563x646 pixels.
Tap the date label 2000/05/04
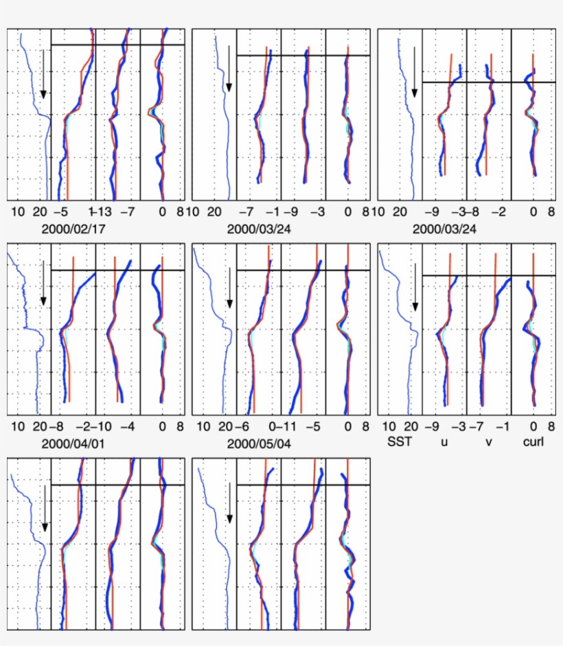(x=259, y=443)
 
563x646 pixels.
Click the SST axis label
(x=400, y=441)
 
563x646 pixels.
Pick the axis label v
(x=489, y=441)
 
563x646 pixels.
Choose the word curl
(x=533, y=441)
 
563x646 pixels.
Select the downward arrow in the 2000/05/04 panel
(x=229, y=285)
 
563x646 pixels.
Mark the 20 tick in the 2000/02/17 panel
(x=39, y=212)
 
